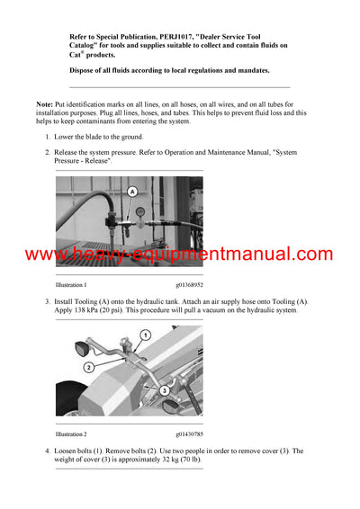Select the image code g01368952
pos(183,284)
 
